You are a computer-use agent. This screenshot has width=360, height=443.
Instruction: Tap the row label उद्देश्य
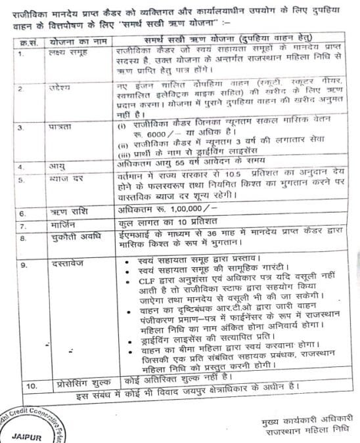point(60,88)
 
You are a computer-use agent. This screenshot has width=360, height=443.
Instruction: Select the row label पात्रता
point(60,125)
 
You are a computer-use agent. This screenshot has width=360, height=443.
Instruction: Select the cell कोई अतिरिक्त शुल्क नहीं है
point(173,379)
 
